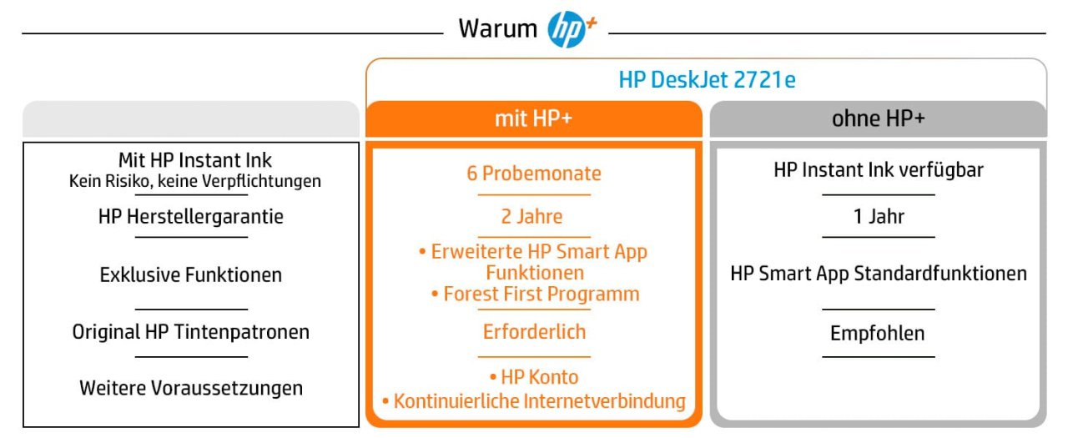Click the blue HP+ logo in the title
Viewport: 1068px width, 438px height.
click(572, 29)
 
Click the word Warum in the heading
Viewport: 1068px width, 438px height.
click(498, 28)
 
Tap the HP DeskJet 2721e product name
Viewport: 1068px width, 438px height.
click(707, 79)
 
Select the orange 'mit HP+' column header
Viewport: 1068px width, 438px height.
click(533, 118)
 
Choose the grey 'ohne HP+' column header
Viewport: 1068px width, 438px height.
click(879, 118)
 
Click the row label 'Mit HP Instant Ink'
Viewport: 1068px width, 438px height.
click(195, 160)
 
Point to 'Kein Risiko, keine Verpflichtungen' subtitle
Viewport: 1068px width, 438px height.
click(195, 181)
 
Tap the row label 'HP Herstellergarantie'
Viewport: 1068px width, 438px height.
click(191, 217)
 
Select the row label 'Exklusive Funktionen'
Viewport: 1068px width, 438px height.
click(191, 275)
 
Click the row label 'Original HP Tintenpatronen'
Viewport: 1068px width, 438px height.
click(191, 332)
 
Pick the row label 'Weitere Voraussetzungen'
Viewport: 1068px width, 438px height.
click(191, 388)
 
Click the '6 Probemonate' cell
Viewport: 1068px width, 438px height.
click(533, 174)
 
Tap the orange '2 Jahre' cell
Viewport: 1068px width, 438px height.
click(531, 216)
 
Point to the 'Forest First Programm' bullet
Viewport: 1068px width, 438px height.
click(536, 294)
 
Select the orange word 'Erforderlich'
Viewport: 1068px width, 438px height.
click(534, 332)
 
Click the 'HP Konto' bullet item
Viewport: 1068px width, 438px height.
click(534, 377)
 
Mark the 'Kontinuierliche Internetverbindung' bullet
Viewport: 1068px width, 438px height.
click(534, 401)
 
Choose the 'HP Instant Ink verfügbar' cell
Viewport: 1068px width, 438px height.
click(879, 170)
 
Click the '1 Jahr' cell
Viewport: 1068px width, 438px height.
click(879, 216)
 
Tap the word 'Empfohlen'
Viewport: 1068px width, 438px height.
click(877, 333)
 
